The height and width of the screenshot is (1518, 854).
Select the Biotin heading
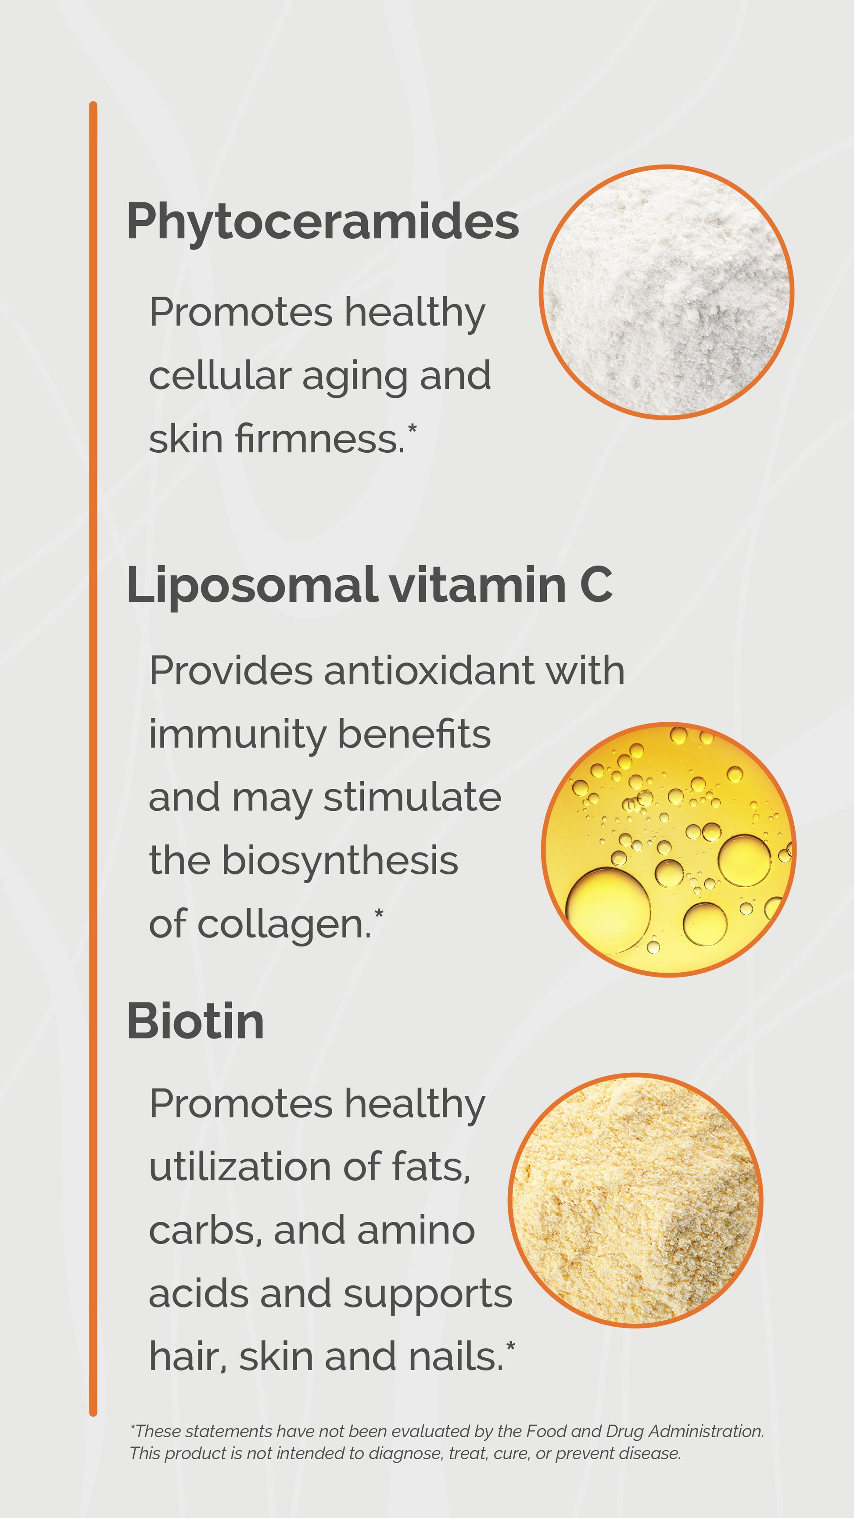pyautogui.click(x=195, y=1021)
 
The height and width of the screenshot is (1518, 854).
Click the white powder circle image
pyautogui.click(x=666, y=292)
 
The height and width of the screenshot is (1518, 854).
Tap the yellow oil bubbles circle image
pyautogui.click(x=668, y=849)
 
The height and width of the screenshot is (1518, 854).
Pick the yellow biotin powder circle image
pyautogui.click(x=635, y=1200)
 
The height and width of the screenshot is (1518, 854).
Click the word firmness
pyautogui.click(x=319, y=439)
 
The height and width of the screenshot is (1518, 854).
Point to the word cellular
pyautogui.click(x=220, y=376)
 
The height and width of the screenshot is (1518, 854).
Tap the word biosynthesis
pyautogui.click(x=340, y=860)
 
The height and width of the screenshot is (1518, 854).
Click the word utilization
pyautogui.click(x=239, y=1167)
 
